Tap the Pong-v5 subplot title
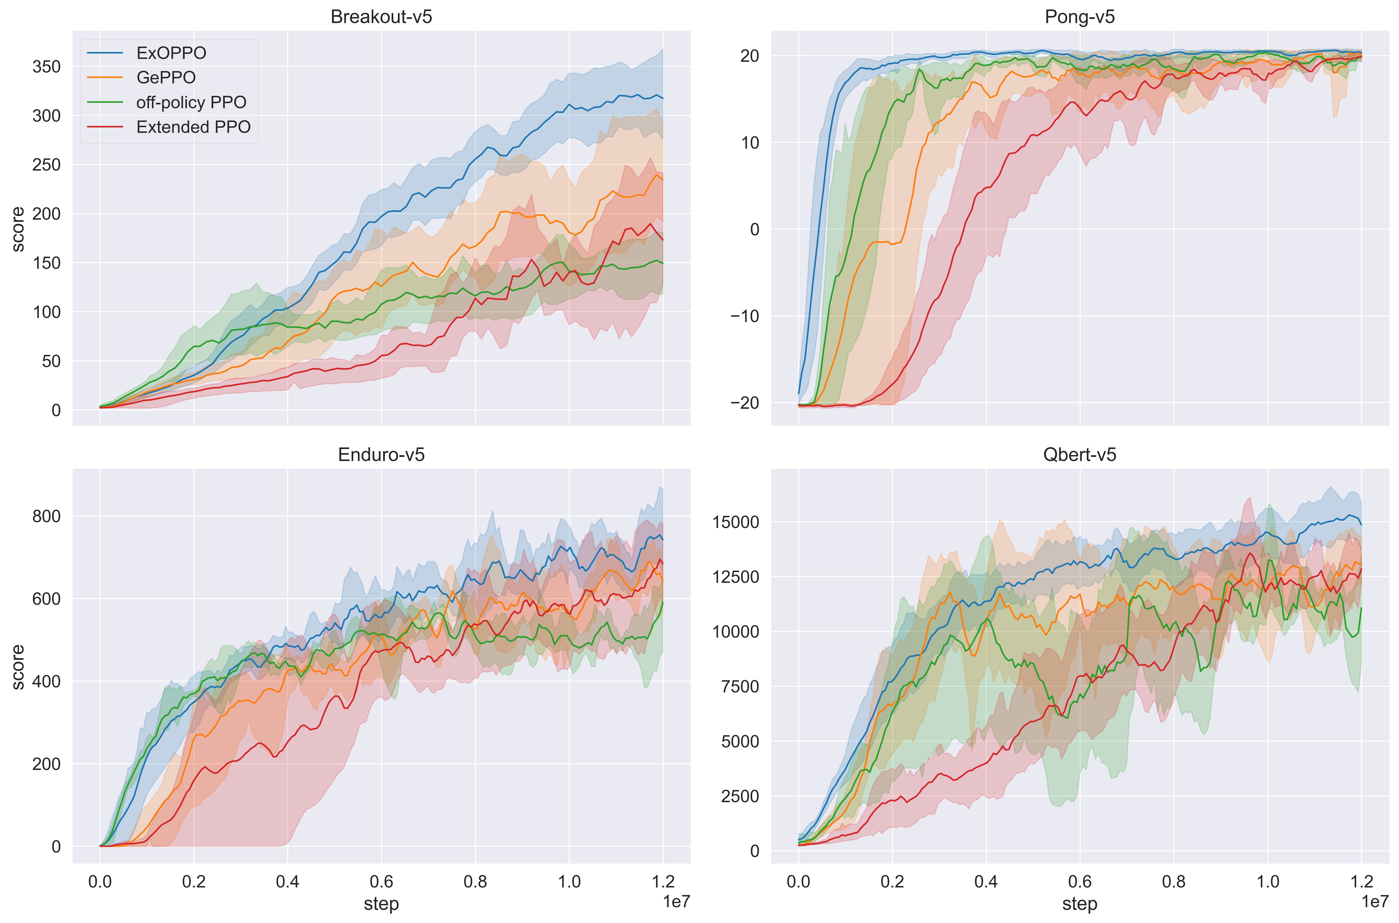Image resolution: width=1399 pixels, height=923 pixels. [1079, 16]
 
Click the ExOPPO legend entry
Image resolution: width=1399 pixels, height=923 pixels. [171, 53]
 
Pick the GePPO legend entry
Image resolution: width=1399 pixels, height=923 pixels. [165, 78]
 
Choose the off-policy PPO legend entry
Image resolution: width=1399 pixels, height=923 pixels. [191, 103]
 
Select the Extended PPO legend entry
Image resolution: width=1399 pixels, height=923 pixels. [193, 127]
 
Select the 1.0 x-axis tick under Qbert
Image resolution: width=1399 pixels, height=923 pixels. [1268, 882]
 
